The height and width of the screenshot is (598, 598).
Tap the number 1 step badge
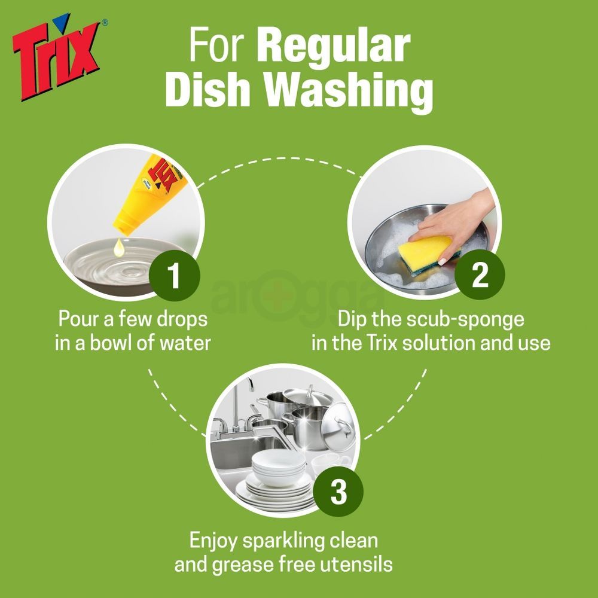point(174,277)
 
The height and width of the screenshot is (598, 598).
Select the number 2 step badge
point(479,277)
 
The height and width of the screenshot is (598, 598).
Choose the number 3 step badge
point(338,494)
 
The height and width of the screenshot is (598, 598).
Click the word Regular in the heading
point(336,47)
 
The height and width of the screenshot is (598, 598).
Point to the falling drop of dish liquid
point(120,247)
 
